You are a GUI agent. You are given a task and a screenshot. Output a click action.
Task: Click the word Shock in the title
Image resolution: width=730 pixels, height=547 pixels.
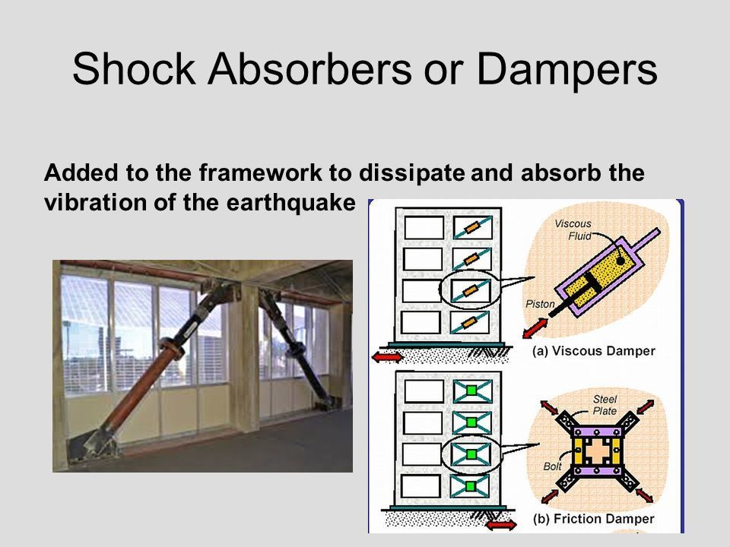134,69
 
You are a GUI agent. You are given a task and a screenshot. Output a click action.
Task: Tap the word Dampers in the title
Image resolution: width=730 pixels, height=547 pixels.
567,70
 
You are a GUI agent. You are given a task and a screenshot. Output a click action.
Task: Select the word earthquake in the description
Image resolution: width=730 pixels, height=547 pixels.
291,203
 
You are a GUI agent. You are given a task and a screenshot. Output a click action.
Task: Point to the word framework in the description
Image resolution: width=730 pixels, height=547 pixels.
260,172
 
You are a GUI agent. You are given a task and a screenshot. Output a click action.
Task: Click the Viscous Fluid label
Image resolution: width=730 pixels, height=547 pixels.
573,229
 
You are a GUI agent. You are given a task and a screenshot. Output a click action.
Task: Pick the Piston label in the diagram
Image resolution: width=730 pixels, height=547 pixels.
541,304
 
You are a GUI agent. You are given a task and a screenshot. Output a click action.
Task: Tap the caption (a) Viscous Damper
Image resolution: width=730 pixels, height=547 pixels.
594,351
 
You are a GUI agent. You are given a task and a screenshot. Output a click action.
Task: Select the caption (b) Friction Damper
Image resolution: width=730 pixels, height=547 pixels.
594,519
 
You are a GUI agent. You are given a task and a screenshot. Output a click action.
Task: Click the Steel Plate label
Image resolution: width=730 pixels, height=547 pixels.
605,405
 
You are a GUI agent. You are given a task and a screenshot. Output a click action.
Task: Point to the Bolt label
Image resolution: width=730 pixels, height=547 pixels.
552,466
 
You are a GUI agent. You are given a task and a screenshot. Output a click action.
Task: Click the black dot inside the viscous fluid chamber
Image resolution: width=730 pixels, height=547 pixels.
620,261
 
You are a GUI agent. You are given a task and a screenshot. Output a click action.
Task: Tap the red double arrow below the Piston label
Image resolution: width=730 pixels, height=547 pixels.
535,327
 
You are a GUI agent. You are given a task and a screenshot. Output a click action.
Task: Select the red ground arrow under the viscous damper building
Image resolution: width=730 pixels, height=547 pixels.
387,357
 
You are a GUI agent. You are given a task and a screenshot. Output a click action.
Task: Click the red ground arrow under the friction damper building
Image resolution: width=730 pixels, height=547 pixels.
501,526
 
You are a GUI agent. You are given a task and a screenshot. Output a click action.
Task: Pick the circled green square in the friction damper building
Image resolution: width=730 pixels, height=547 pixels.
471,454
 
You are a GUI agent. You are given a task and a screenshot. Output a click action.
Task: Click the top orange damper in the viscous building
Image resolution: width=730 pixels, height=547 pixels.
472,227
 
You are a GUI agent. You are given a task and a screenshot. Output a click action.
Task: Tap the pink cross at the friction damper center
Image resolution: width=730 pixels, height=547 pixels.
598,451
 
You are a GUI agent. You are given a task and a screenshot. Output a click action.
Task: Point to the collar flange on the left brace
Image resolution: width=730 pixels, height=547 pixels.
172,349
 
